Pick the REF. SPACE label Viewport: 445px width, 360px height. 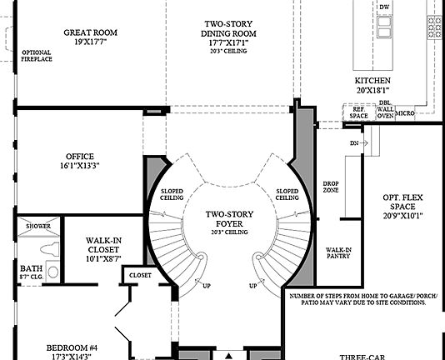(x=358, y=112)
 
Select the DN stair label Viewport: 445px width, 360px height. (x=354, y=142)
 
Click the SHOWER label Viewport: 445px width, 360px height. (x=37, y=226)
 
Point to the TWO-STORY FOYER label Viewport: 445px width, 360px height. (x=230, y=219)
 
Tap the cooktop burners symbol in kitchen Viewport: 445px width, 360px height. (x=435, y=27)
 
